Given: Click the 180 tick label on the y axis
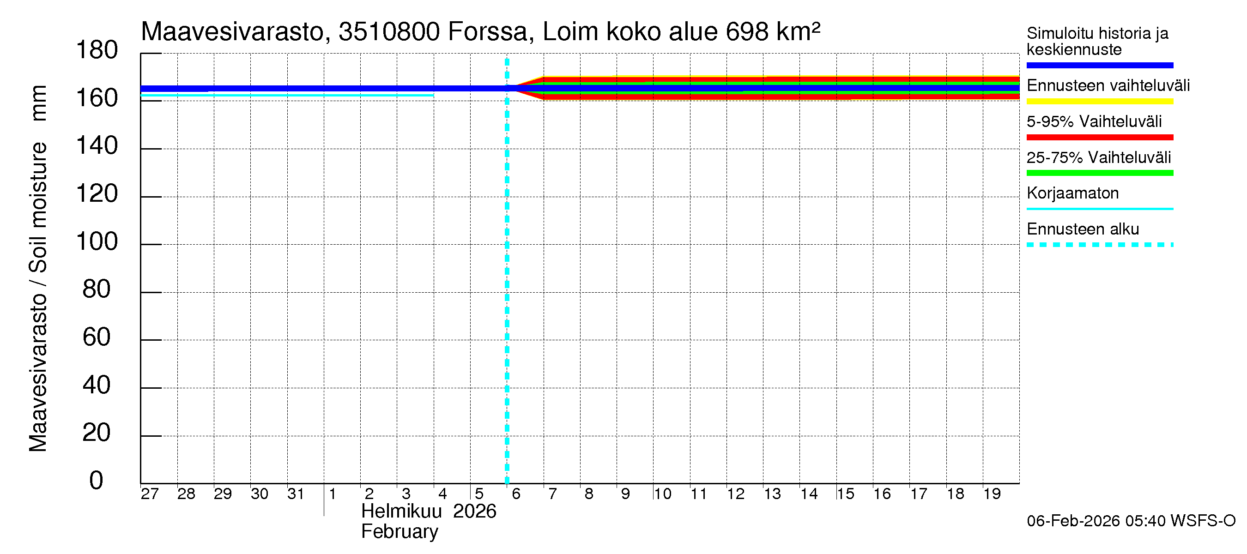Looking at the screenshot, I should coord(97,50).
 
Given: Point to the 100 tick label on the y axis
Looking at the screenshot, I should coord(97,241).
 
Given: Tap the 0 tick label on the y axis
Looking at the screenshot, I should coord(97,481).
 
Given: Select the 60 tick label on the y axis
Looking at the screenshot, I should coord(97,337).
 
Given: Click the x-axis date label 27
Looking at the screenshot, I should coord(150,494).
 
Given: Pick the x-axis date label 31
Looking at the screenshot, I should coord(296,494).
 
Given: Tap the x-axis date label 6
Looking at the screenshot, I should coord(516,494).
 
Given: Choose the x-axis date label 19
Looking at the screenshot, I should coord(992,494).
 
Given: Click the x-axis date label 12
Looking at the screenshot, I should coord(736,494).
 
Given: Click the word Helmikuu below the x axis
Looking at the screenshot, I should coord(401,512).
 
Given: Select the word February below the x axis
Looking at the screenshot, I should coord(400,532).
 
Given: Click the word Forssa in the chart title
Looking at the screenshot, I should coord(487,32).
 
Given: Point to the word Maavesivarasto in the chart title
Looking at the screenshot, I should coord(232,32).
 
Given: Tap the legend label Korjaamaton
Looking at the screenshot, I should coord(1072,193).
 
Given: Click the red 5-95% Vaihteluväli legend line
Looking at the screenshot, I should coord(1099,138).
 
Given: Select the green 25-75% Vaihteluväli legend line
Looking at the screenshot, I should coord(1099,173).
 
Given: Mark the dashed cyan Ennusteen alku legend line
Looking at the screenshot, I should coord(1099,245).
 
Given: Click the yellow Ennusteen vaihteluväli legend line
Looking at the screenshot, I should coord(1099,102).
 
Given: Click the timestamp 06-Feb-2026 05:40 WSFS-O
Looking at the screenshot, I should coord(1131,521).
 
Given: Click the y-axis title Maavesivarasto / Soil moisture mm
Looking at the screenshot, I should coord(38,269).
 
